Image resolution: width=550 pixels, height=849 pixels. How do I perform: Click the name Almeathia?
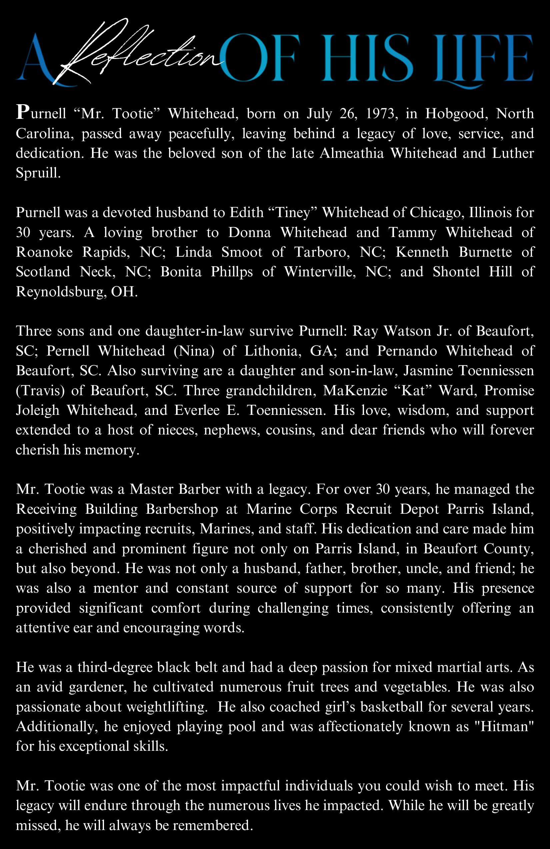[x=351, y=153]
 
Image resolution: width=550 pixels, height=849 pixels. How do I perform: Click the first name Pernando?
[x=407, y=351]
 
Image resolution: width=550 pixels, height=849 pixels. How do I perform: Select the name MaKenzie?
[x=355, y=391]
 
